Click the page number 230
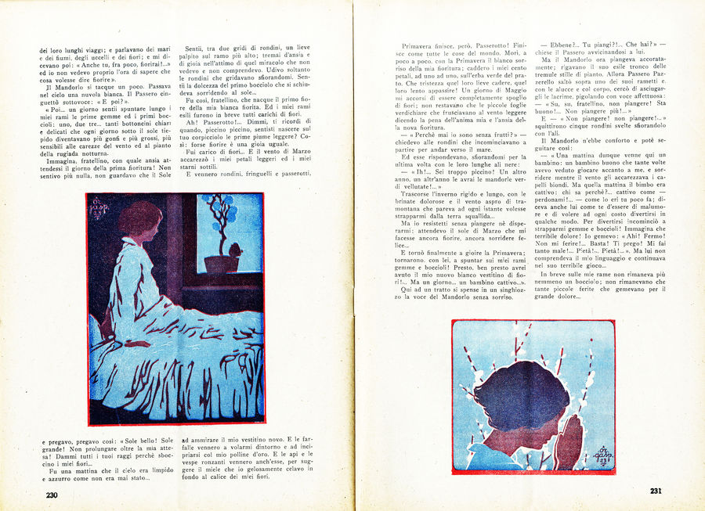(x=51, y=494)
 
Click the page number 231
(x=656, y=491)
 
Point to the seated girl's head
(x=139, y=224)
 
